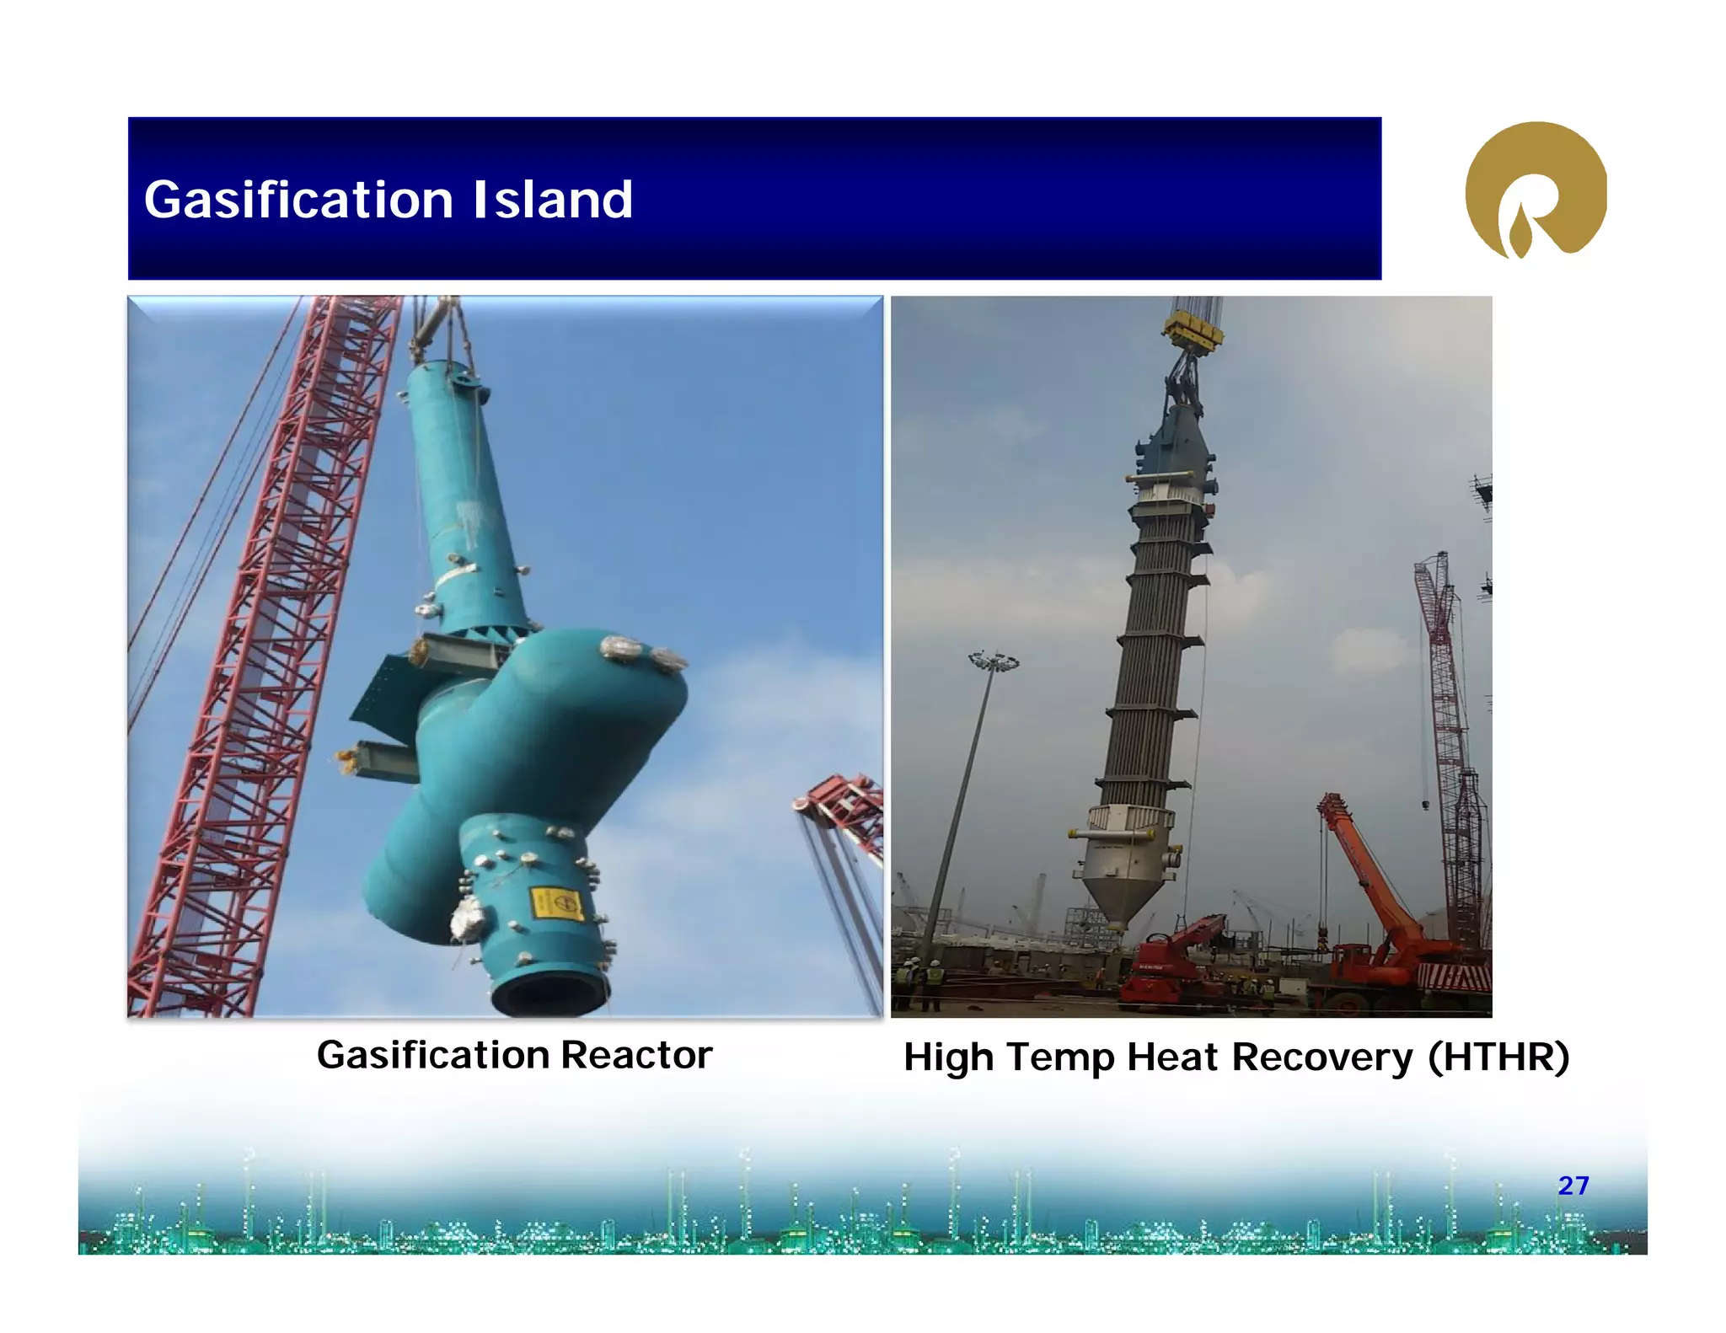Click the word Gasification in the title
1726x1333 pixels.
(x=298, y=201)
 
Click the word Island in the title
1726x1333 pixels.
(x=552, y=201)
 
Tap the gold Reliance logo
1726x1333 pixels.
(x=1536, y=190)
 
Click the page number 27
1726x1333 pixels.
(x=1573, y=1186)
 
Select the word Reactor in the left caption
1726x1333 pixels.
(x=636, y=1055)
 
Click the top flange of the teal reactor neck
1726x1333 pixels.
(x=447, y=371)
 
